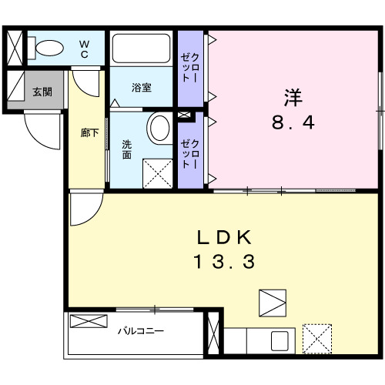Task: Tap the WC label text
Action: click(x=85, y=49)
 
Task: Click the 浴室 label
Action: click(x=141, y=88)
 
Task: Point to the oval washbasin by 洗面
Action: click(x=160, y=128)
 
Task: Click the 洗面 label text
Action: click(x=126, y=149)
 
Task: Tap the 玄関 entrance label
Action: click(x=42, y=92)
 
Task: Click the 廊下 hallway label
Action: click(x=89, y=133)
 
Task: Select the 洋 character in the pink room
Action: click(x=293, y=99)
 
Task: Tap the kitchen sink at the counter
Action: click(x=279, y=340)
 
